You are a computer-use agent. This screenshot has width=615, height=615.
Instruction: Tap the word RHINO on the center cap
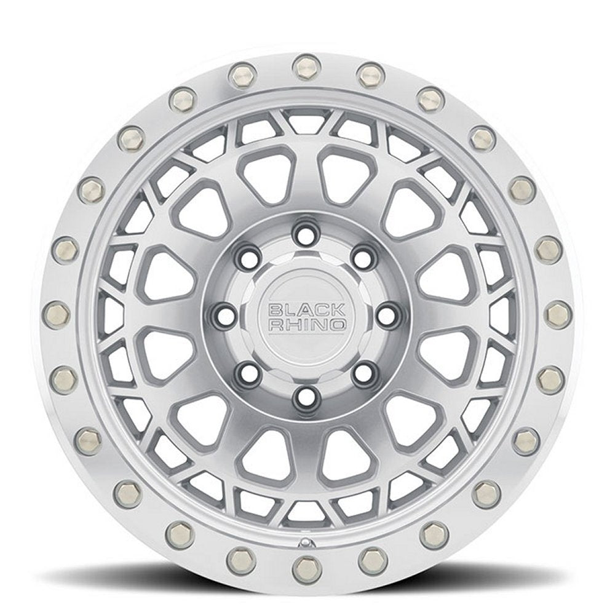click(x=306, y=325)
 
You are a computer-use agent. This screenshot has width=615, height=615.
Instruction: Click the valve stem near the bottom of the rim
click(x=304, y=544)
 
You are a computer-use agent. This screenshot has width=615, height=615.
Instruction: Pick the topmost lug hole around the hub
click(x=303, y=232)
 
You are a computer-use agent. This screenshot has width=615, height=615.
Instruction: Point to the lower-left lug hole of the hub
click(x=245, y=371)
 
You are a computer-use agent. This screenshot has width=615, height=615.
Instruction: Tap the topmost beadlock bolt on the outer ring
click(x=303, y=66)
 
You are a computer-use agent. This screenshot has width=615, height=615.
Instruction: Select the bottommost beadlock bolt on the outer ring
click(x=303, y=565)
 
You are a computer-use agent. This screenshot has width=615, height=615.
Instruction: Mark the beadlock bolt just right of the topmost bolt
click(x=370, y=75)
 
